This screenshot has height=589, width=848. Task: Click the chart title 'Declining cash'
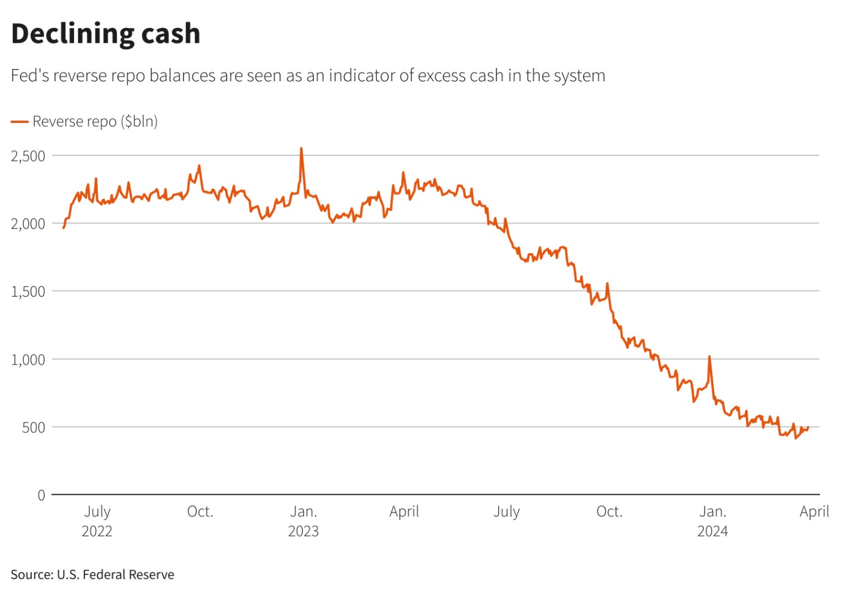coord(106,34)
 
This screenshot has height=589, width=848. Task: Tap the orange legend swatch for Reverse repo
coord(20,122)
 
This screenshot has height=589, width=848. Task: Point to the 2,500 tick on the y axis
coord(28,156)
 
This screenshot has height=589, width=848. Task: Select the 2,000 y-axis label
coord(28,224)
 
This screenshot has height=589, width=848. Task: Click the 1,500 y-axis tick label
coord(28,292)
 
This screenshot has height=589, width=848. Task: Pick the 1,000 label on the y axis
coord(28,360)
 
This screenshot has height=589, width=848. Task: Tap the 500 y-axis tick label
coord(34,428)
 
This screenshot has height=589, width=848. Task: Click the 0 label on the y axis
coord(41,495)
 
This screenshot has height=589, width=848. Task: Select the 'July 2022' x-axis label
coord(97,520)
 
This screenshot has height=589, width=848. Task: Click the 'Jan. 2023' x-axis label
coord(303,520)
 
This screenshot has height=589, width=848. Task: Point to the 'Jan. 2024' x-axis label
coord(712,520)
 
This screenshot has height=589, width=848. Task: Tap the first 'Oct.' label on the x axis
coord(200,511)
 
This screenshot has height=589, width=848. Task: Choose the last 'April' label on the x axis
coord(814,511)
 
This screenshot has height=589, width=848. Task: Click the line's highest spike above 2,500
coord(301,149)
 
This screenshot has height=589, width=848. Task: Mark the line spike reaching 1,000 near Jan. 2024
coord(709,357)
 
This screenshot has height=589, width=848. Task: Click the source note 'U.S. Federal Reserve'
coord(116,575)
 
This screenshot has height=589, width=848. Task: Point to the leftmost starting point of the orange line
coord(64,228)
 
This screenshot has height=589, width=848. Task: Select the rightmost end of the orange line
coord(808,428)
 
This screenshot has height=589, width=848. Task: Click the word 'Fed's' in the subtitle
coord(30,76)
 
